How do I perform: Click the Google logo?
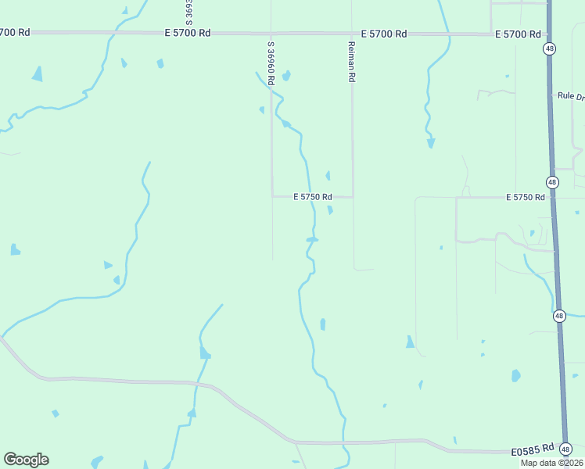click(26, 460)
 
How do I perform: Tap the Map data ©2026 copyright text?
click(551, 462)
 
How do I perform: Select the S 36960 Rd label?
click(271, 69)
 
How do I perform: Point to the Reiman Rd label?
click(351, 63)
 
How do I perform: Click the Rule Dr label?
click(570, 95)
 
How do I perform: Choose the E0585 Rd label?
click(533, 450)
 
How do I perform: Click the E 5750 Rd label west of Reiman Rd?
click(313, 197)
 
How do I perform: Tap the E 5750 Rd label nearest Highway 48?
click(525, 197)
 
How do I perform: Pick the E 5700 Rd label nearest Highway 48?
click(518, 34)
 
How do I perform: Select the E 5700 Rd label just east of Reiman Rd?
click(384, 34)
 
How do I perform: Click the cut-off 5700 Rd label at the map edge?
click(15, 32)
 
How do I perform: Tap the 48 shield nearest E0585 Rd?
click(566, 449)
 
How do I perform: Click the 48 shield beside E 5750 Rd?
click(553, 182)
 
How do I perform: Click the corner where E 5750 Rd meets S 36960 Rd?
click(271, 196)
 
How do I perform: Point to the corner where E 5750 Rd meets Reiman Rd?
click(354, 196)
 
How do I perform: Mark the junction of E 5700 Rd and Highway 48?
click(548, 34)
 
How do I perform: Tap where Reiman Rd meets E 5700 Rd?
click(351, 34)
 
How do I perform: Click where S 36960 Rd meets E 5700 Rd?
click(271, 34)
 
